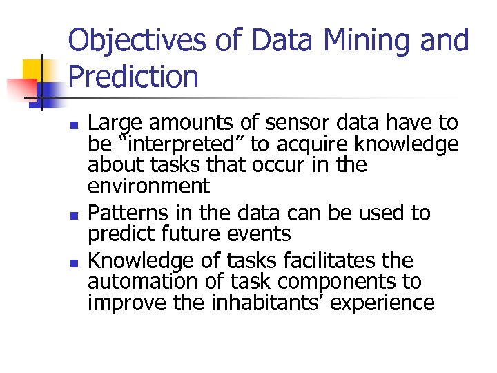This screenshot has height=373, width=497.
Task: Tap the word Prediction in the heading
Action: click(133, 77)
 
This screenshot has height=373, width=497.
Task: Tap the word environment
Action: click(148, 186)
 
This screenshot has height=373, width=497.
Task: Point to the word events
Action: click(262, 234)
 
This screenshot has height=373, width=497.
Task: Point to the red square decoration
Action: click(21, 88)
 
